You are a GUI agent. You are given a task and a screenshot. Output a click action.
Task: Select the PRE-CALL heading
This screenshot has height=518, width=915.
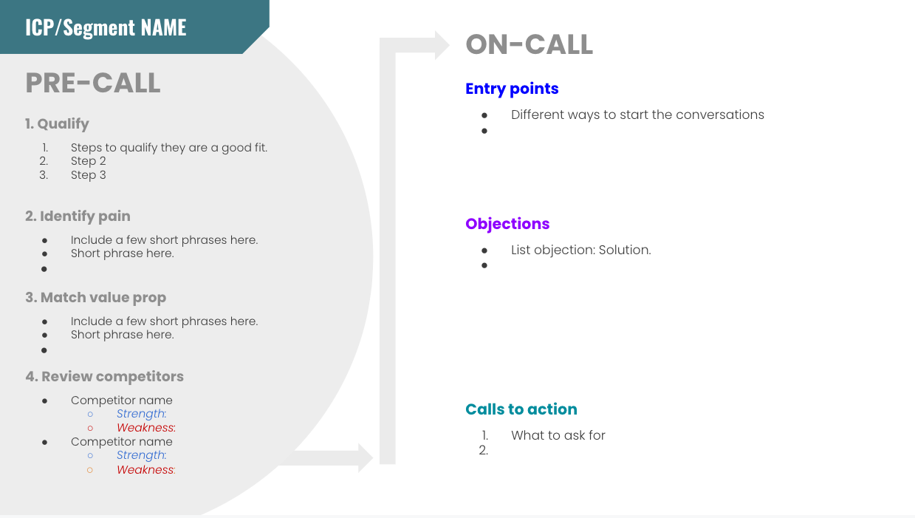(93, 83)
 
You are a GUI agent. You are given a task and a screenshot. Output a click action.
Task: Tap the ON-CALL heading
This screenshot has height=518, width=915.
(529, 44)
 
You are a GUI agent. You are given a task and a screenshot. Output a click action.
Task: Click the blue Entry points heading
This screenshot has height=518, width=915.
(512, 89)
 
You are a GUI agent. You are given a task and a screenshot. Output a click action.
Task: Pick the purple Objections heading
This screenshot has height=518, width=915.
(507, 224)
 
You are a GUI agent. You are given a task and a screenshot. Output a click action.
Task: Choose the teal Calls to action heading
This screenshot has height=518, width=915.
(521, 409)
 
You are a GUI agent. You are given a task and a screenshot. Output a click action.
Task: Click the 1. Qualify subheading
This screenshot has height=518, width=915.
(57, 124)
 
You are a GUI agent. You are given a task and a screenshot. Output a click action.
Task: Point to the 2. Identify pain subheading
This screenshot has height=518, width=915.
(78, 216)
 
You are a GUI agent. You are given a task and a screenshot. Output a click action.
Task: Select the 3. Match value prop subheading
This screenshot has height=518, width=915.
(95, 297)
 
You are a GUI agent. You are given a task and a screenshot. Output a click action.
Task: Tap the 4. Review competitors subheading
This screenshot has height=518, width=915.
(105, 377)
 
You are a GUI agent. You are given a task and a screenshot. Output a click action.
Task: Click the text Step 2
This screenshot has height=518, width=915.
(88, 161)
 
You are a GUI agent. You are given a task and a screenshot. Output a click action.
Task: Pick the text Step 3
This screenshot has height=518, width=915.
(88, 175)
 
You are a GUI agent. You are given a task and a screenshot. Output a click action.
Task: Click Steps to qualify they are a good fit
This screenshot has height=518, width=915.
(169, 148)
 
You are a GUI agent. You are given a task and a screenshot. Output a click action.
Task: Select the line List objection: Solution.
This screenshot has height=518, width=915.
(581, 250)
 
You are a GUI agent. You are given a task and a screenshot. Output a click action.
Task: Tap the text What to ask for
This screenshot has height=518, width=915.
(558, 435)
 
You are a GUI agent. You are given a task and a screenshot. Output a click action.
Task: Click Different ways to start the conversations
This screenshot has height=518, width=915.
(637, 115)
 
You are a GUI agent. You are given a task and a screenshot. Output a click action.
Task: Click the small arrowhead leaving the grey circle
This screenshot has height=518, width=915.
(366, 458)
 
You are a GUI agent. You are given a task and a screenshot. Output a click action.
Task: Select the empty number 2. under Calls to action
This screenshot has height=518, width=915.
(484, 451)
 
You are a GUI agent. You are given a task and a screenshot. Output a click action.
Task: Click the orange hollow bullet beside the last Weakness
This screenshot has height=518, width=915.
(90, 470)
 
